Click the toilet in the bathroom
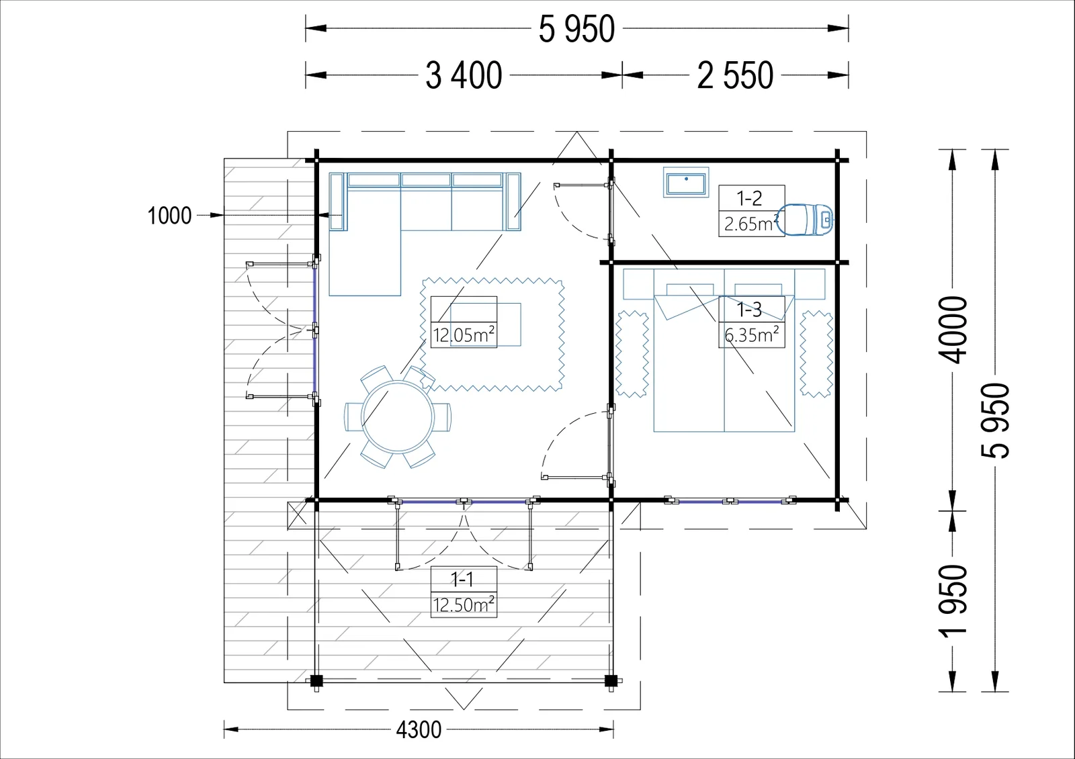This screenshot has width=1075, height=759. point(805,220)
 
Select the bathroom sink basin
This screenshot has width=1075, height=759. point(686,182)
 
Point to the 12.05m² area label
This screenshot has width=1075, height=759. point(464,335)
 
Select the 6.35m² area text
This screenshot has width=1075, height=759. point(752,335)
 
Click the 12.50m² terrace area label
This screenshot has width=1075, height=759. point(464,605)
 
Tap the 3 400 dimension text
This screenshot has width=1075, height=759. point(464,75)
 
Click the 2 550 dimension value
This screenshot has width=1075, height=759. point(735,75)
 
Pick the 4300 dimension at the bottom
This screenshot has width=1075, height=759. point(419,729)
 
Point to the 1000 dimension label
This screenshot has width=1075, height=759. point(169,216)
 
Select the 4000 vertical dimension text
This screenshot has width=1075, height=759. point(953,330)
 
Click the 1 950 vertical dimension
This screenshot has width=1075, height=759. point(953,602)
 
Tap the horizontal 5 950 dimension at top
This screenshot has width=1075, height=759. point(576,29)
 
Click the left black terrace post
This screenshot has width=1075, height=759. point(316,680)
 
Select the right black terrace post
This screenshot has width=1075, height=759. point(611,680)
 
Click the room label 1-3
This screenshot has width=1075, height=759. point(749,310)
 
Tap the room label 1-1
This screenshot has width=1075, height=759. point(462,580)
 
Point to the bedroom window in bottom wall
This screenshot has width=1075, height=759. point(730,501)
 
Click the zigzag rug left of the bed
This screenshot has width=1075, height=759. point(632,354)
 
